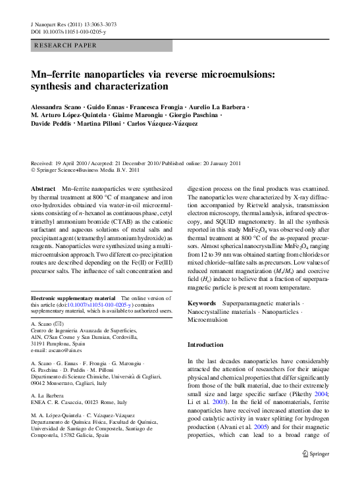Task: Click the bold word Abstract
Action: coord(43,189)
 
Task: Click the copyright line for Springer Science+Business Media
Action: coord(86,169)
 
